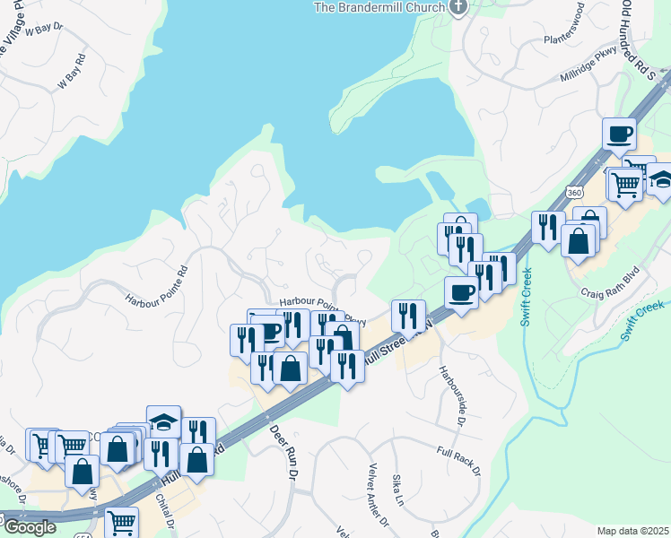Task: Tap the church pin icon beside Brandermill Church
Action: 458,7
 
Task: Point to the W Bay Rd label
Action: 73,72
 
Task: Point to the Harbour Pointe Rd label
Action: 156,283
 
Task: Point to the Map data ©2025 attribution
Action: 632,531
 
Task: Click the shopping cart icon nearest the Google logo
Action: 121,521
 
